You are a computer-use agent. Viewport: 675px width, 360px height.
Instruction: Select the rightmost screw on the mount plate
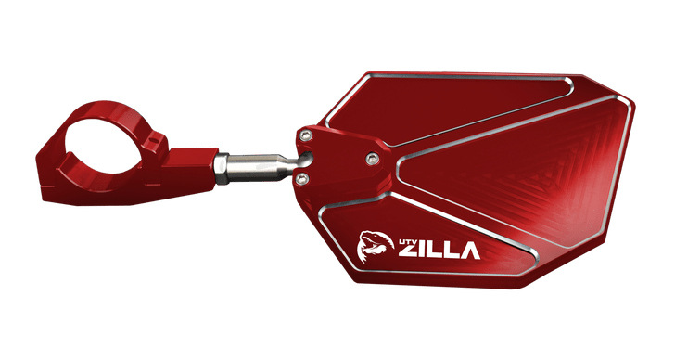pyautogui.click(x=374, y=155)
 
